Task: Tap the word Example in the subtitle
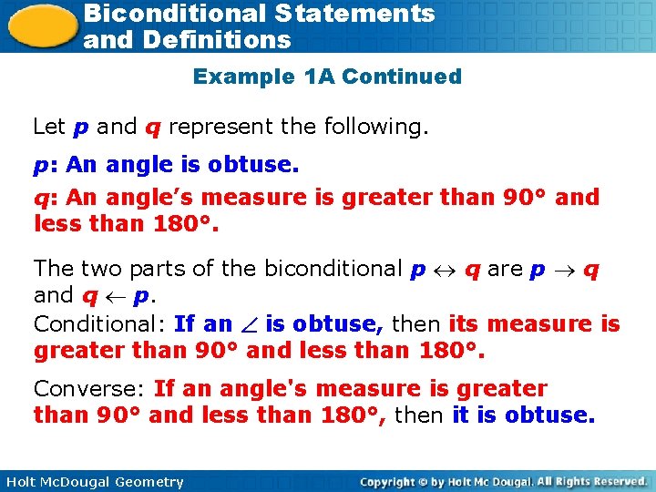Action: point(243,77)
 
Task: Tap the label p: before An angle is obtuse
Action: point(45,166)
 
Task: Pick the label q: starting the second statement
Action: point(45,198)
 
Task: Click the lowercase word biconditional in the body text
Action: point(333,269)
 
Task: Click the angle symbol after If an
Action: point(249,324)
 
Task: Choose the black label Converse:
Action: point(89,389)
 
